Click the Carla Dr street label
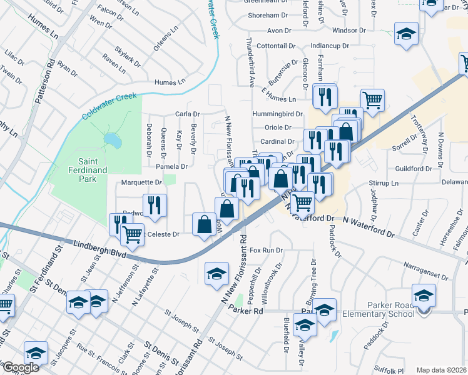(187, 114)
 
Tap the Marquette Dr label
(142, 182)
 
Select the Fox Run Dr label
(267, 250)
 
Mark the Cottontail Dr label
(275, 46)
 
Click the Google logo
(21, 367)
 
